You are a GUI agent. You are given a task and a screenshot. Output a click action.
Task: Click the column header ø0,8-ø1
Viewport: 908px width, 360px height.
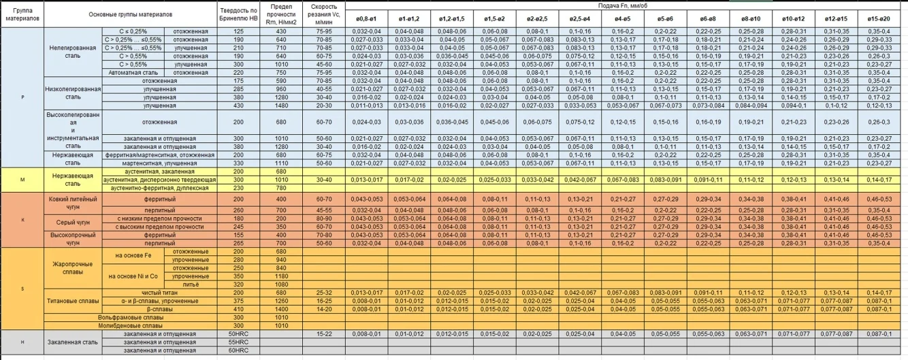[364, 18]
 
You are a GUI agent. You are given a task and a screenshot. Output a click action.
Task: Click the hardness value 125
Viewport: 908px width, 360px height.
[239, 31]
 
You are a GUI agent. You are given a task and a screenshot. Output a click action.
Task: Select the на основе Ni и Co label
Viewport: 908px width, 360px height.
[133, 276]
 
